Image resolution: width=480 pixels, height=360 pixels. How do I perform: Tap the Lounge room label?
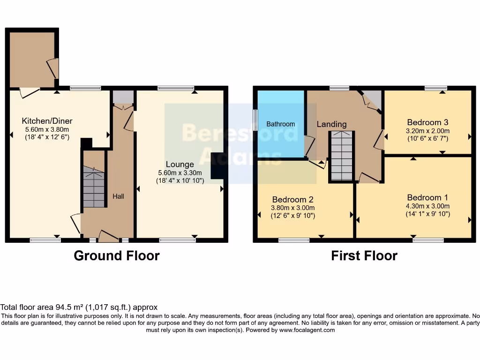tap(180, 164)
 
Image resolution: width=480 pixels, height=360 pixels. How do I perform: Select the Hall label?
tap(118, 196)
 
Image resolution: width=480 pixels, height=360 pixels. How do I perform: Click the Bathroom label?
tap(281, 124)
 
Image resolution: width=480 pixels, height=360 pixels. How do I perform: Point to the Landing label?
tap(331, 124)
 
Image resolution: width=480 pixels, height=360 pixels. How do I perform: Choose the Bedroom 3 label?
tap(428, 122)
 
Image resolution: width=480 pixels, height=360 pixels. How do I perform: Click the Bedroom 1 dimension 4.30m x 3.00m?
tap(428, 206)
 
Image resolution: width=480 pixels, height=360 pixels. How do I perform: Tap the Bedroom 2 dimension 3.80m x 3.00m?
tap(293, 208)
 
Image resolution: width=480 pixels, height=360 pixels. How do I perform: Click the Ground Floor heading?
tap(117, 256)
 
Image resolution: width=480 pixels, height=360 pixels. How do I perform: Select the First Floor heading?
tap(364, 256)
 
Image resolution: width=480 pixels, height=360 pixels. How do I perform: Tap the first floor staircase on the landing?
tap(340, 156)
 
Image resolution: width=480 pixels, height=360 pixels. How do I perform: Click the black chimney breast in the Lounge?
tap(217, 166)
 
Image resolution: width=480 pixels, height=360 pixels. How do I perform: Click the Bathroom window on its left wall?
tap(255, 120)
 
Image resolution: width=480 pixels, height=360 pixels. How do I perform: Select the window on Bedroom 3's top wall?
tap(436, 88)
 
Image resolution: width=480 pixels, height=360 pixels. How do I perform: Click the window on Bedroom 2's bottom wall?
tap(294, 240)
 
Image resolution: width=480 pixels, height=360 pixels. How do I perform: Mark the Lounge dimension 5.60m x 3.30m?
tap(180, 172)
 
